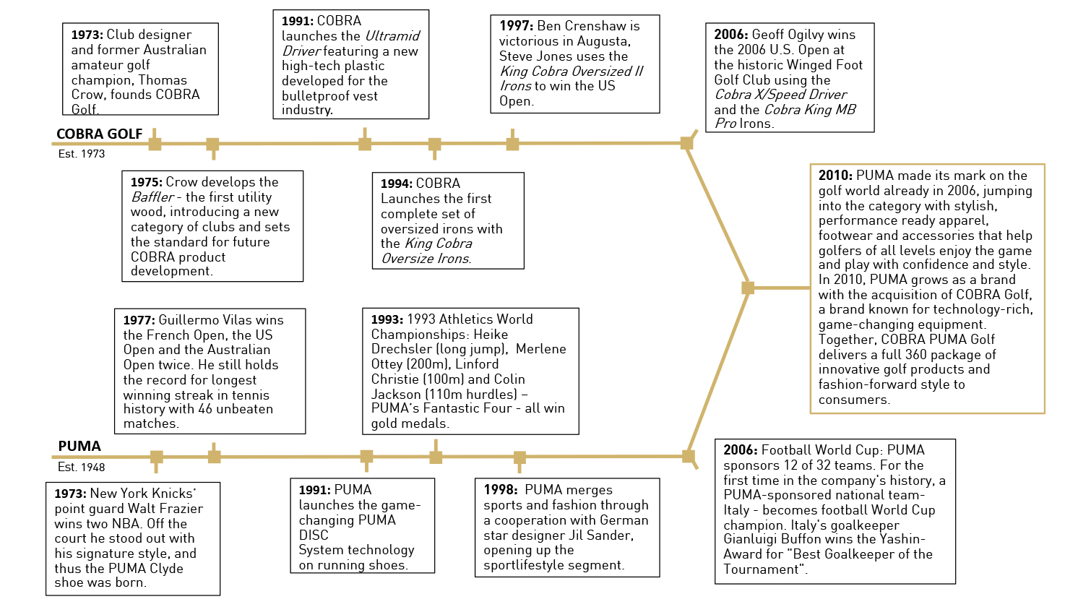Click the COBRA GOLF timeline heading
click(100, 134)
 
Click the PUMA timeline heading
click(79, 447)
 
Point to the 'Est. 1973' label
click(82, 154)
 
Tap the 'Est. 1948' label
click(82, 468)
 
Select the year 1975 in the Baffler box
click(147, 183)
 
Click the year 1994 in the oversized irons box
click(397, 184)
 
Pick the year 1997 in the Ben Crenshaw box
click(516, 26)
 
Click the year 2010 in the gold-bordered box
click(835, 176)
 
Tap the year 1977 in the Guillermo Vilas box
click(139, 320)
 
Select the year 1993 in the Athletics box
click(387, 319)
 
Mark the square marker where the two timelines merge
click(748, 288)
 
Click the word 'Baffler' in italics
click(152, 197)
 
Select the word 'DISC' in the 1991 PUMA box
click(314, 535)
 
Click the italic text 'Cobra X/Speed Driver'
click(781, 95)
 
